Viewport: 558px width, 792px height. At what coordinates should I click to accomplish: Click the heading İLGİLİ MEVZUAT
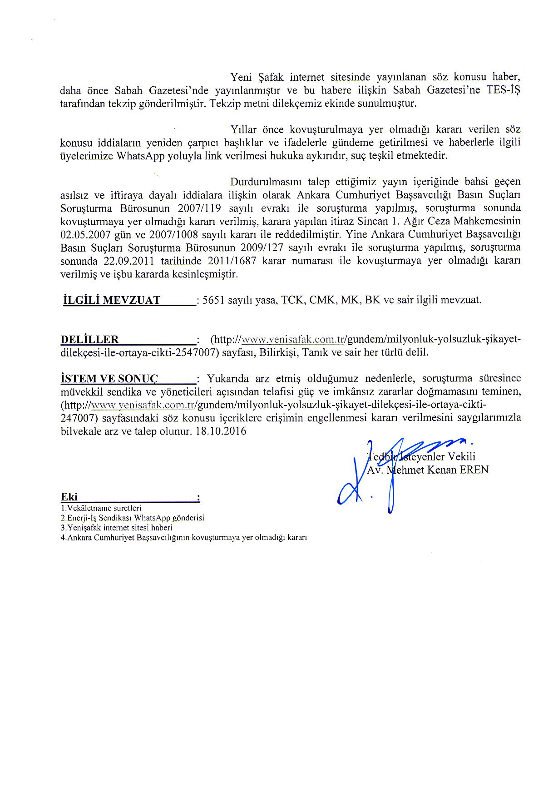[112, 300]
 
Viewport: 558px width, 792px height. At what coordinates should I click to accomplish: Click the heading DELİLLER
[89, 340]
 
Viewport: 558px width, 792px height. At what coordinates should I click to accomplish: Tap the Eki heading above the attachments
[69, 497]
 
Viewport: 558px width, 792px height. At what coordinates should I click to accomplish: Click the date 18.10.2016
[221, 431]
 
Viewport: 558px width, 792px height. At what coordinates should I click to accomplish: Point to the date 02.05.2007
[85, 235]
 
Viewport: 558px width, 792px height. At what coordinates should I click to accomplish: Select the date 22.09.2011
[129, 261]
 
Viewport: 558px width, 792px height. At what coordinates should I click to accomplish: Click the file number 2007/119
[199, 208]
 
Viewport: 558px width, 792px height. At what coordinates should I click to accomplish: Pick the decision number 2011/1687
[232, 261]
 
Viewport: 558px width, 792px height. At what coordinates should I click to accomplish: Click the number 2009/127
[262, 248]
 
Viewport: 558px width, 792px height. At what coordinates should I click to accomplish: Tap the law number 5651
[213, 300]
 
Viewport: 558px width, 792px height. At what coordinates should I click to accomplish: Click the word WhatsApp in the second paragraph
[140, 156]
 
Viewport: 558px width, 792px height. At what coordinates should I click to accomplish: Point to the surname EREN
[474, 470]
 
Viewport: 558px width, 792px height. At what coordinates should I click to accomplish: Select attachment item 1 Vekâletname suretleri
[101, 508]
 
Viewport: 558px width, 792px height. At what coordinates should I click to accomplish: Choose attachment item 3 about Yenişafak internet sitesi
[116, 528]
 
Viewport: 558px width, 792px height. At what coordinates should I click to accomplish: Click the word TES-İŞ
[503, 90]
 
